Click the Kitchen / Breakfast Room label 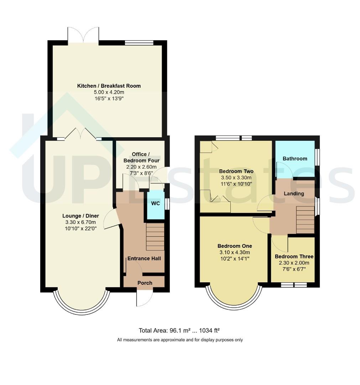pyautogui.click(x=109, y=86)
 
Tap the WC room pyautogui.click(x=156, y=205)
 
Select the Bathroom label pyautogui.click(x=295, y=159)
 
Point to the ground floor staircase pyautogui.click(x=155, y=237)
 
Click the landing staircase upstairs pyautogui.click(x=305, y=220)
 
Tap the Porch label pyautogui.click(x=145, y=283)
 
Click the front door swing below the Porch pyautogui.click(x=145, y=298)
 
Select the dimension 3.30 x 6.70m pyautogui.click(x=80, y=222)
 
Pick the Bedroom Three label pyautogui.click(x=294, y=257)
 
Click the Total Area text pyautogui.click(x=179, y=330)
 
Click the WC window pyautogui.click(x=167, y=204)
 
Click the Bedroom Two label pyautogui.click(x=236, y=171)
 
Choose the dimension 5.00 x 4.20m pyautogui.click(x=109, y=92)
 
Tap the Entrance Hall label pyautogui.click(x=144, y=258)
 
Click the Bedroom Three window pyautogui.click(x=294, y=285)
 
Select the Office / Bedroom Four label pyautogui.click(x=141, y=158)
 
